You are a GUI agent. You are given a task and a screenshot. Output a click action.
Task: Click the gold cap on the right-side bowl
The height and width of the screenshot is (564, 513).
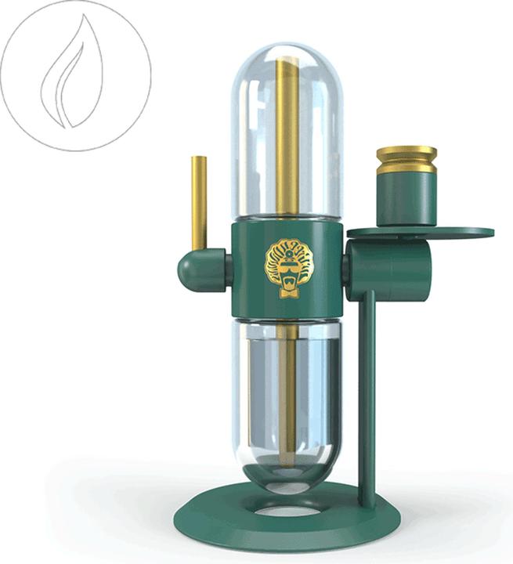pos(406,159)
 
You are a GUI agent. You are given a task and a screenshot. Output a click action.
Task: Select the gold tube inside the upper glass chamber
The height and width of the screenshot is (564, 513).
pos(287,133)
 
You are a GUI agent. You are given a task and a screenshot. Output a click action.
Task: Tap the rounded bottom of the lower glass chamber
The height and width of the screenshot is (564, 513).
pos(287,479)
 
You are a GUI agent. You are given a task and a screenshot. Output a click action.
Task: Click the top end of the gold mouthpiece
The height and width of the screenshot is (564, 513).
pos(199,159)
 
